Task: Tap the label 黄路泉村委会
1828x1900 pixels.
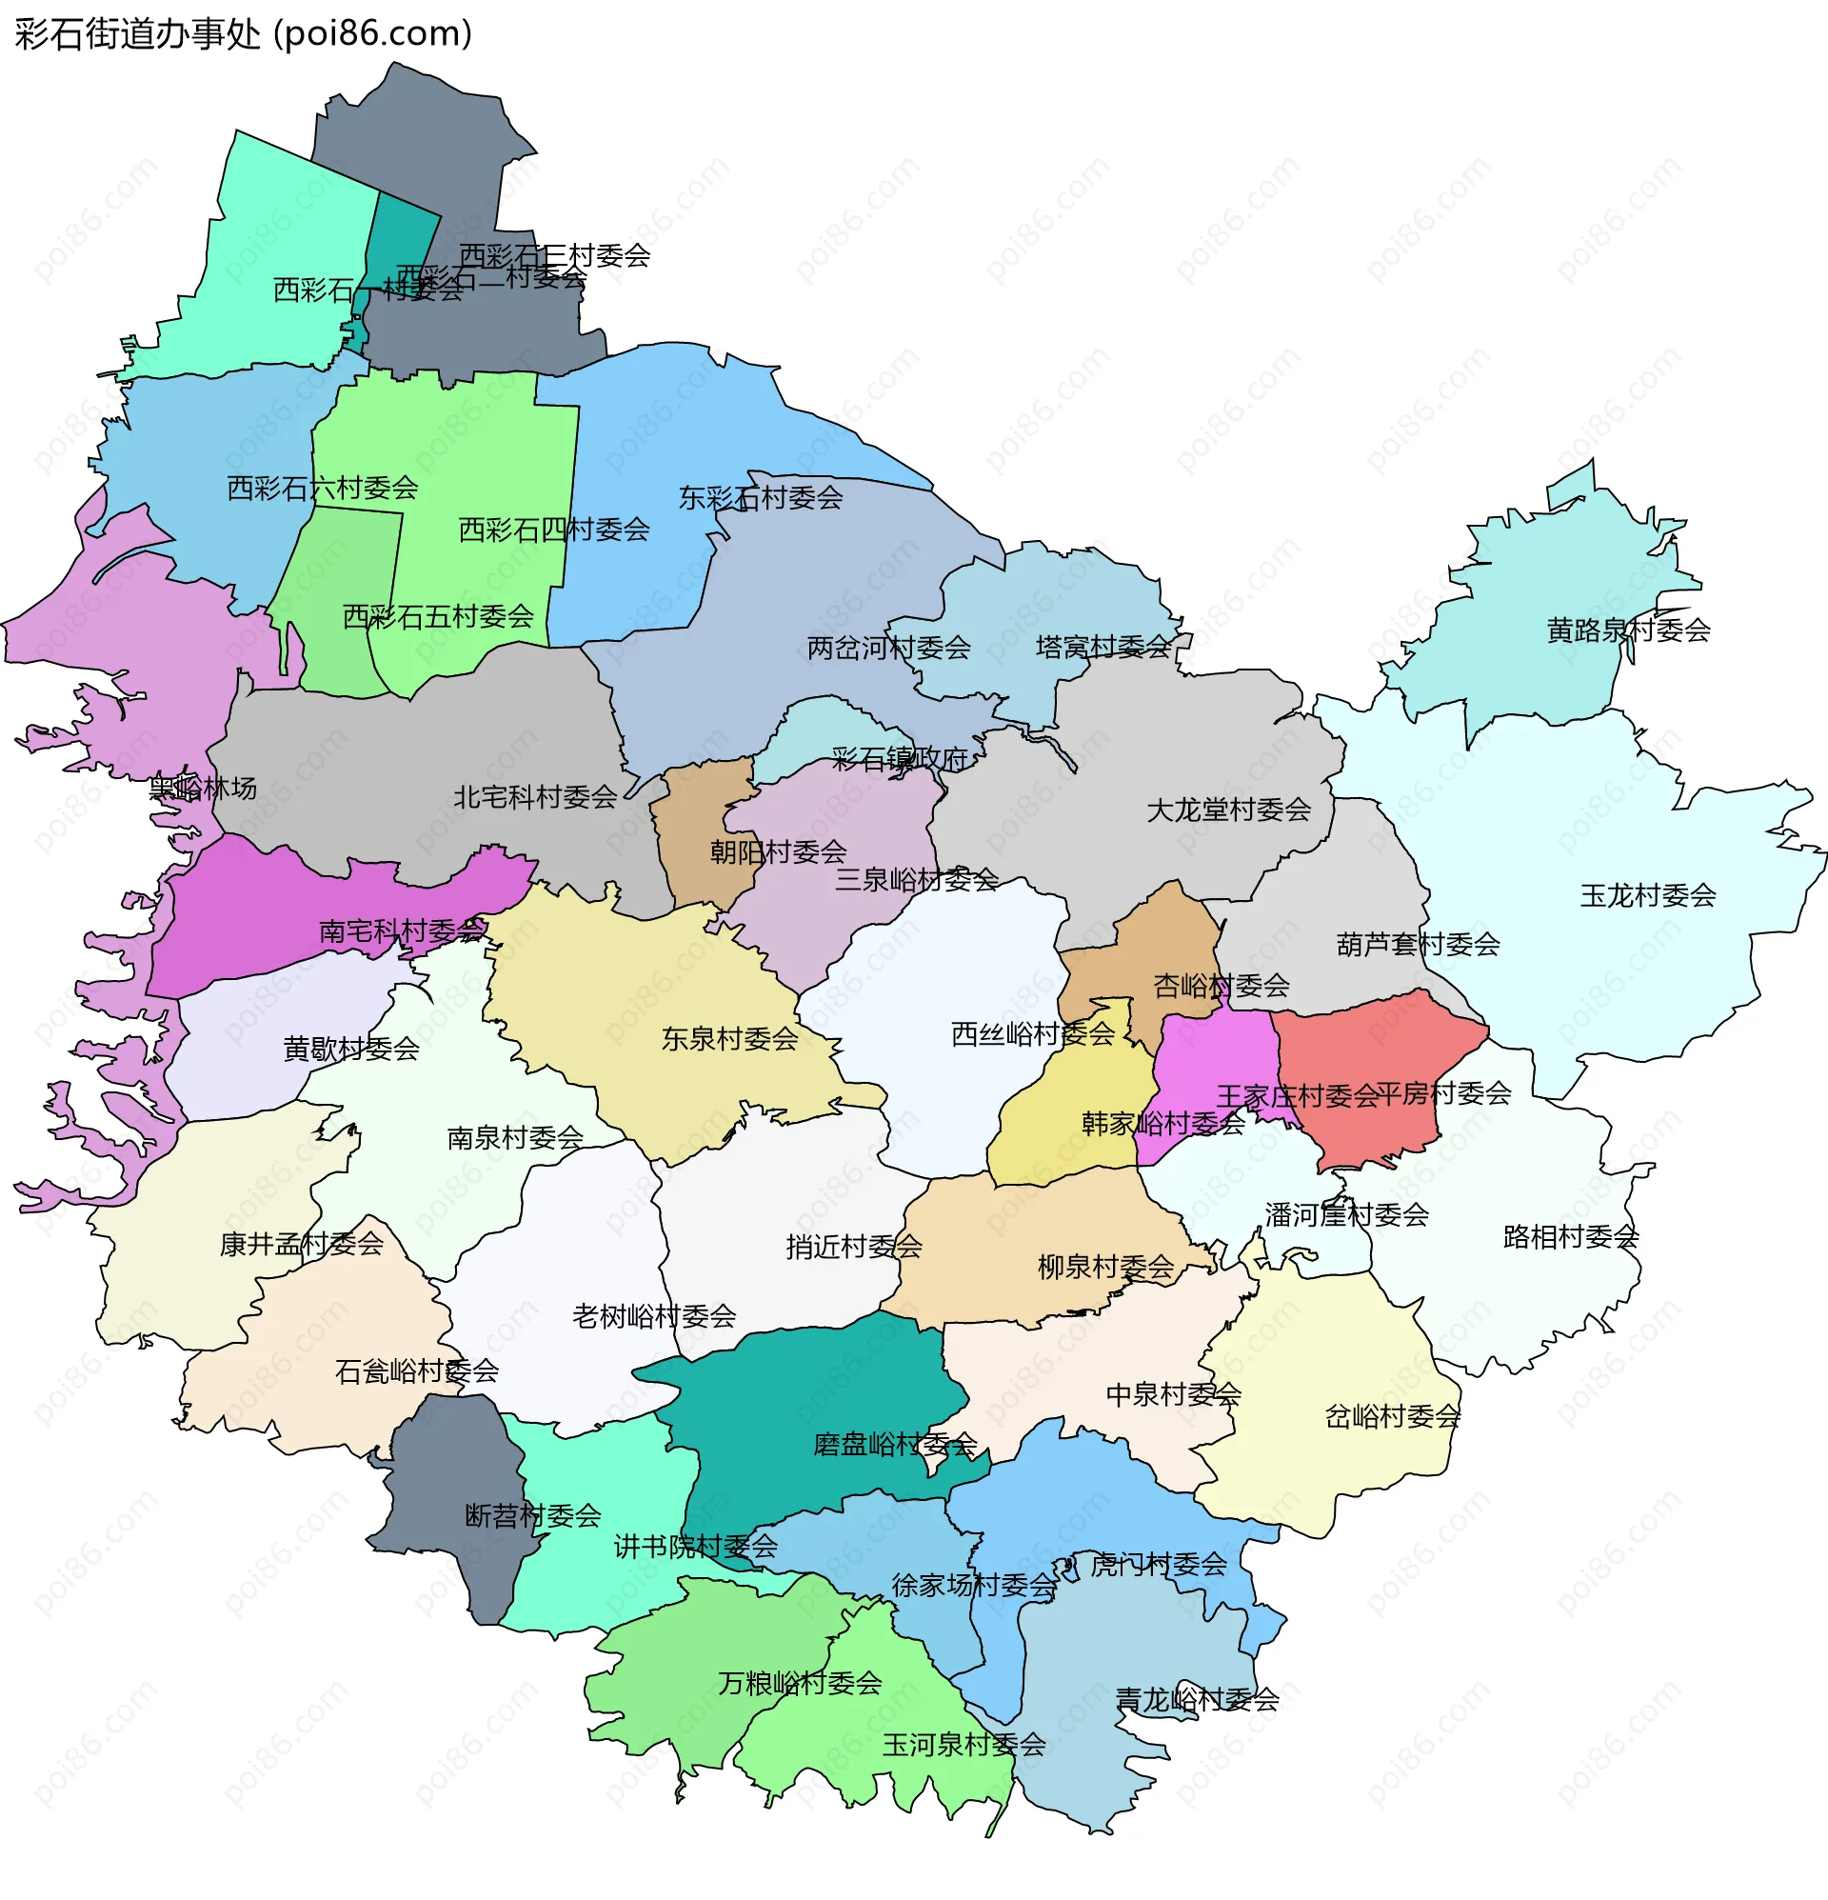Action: point(1628,631)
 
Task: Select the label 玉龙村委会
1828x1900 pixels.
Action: point(1648,895)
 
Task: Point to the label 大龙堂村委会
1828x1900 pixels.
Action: point(1228,810)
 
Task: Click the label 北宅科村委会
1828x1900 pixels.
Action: point(535,798)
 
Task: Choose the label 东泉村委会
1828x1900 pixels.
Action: point(729,1039)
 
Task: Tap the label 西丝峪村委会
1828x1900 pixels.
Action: point(1032,1034)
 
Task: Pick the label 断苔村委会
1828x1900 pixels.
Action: point(533,1516)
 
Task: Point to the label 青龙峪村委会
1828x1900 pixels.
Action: point(1197,1699)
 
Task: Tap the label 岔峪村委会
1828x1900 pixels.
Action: point(1392,1417)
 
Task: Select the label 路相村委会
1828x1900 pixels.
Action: point(1570,1237)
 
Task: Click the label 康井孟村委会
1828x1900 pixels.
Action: point(302,1245)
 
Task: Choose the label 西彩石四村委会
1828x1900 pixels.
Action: point(553,530)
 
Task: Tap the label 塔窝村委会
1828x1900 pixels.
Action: point(1103,647)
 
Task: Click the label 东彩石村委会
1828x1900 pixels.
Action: point(760,498)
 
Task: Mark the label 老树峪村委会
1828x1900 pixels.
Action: point(653,1316)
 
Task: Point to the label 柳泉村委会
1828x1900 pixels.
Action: point(1105,1267)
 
